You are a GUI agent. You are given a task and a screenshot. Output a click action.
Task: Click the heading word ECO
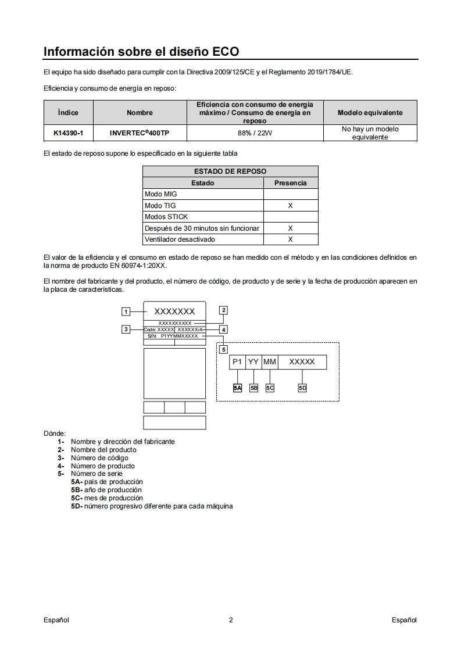pos(226,51)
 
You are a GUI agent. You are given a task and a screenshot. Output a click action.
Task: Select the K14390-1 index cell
pos(68,133)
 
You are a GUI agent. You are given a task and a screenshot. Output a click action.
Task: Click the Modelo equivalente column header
pos(370,113)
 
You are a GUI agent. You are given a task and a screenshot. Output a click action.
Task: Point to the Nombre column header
pos(140,113)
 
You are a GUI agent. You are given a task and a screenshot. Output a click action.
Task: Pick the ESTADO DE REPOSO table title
pos(230,171)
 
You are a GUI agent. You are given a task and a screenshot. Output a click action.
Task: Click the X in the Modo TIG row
pos(290,206)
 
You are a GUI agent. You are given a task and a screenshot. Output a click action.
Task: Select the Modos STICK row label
pos(166,217)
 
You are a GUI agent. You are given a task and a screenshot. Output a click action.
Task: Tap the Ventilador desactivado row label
pos(180,239)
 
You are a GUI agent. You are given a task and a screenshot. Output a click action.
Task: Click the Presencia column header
pos(290,183)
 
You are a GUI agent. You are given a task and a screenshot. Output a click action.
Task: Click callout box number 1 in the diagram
pos(126,311)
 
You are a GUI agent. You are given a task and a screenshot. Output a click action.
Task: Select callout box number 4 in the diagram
pos(223,329)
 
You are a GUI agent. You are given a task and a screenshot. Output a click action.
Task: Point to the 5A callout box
pos(237,388)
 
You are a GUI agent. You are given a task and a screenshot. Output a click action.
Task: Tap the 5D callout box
pos(302,388)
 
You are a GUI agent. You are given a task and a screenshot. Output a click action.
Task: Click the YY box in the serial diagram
pos(253,362)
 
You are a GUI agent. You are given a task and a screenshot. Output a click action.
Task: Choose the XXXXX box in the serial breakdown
pos(302,362)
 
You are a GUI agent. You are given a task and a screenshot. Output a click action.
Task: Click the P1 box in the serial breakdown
pos(237,362)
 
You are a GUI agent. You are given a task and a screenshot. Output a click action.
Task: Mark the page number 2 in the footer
pos(231,620)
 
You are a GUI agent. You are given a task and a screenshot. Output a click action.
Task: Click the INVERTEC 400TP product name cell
pos(140,133)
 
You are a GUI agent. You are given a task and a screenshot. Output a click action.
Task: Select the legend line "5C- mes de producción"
pos(107,498)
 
